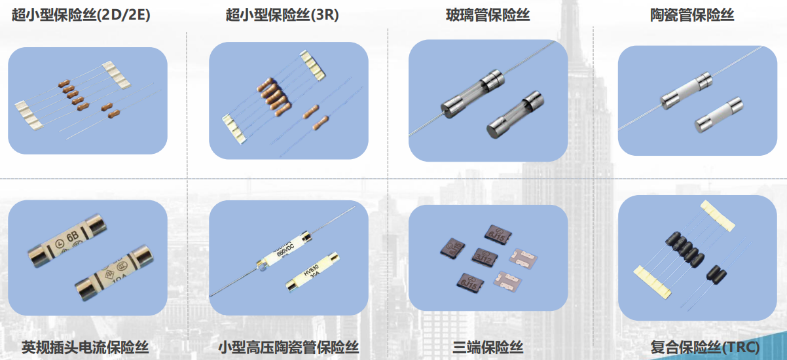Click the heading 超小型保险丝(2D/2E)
tap(81, 14)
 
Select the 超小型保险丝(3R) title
tap(282, 14)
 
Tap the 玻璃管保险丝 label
tap(488, 14)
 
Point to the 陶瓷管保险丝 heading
tap(692, 14)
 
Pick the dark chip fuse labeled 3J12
tap(485, 257)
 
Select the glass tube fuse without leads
tap(515, 117)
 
